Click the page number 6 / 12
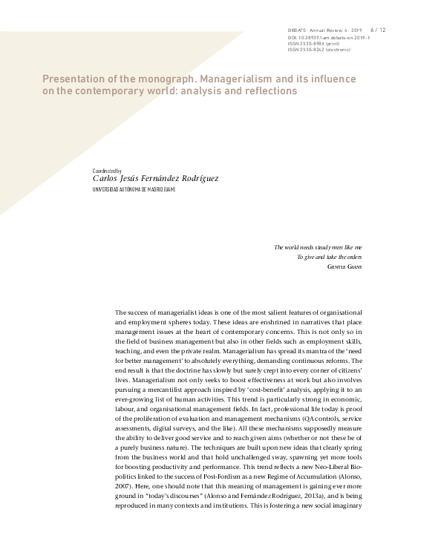[377, 30]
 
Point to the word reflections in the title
[265, 91]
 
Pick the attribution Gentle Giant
[345, 266]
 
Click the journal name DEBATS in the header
[298, 30]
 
